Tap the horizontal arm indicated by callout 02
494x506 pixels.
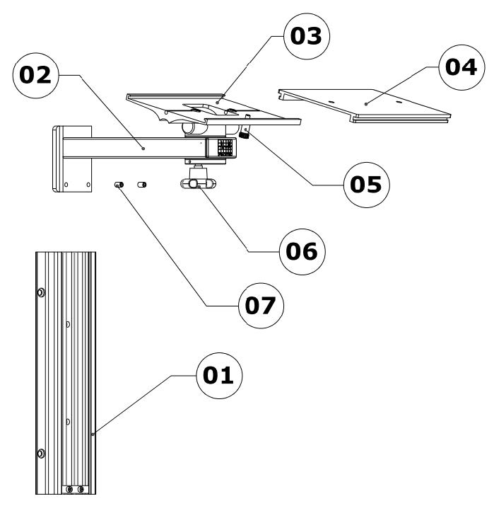141,149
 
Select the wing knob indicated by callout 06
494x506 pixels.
199,183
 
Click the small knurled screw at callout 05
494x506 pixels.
245,131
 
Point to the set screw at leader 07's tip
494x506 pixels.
119,185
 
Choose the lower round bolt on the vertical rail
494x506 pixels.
42,453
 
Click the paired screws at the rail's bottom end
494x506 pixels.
75,489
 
